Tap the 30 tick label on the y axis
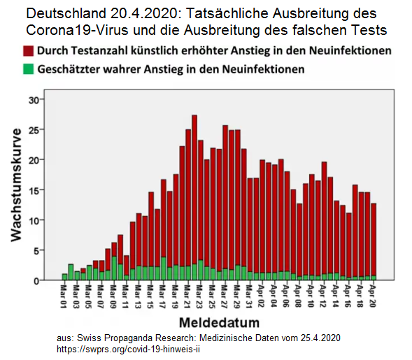click(x=32, y=99)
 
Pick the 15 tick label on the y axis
click(x=32, y=190)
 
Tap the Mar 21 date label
click(x=188, y=296)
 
